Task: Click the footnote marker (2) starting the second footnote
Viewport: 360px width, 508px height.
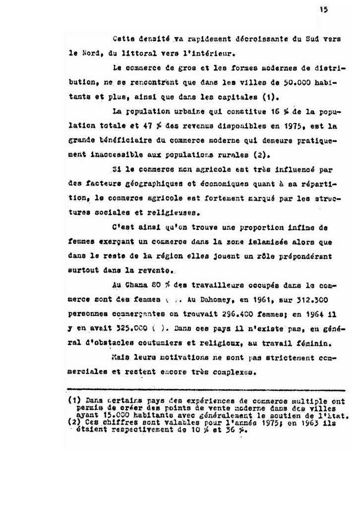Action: (x=74, y=423)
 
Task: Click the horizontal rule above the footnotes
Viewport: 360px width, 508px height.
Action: (x=205, y=390)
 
